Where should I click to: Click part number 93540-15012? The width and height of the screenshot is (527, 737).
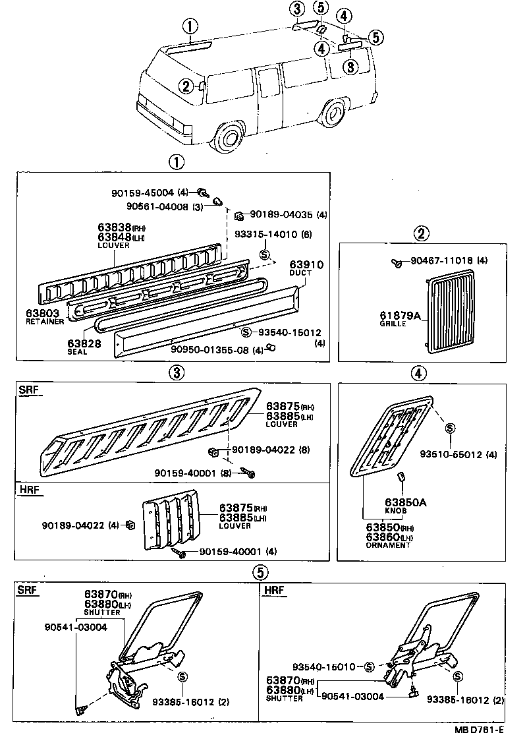tap(289, 332)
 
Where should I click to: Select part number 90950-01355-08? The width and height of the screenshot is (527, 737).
tap(210, 349)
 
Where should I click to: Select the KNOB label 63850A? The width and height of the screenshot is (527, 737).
tap(406, 503)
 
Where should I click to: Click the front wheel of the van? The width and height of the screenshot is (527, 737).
tap(229, 137)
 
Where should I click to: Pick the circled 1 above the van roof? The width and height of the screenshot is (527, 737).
tap(189, 26)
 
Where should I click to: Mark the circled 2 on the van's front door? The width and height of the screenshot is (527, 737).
tap(186, 85)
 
